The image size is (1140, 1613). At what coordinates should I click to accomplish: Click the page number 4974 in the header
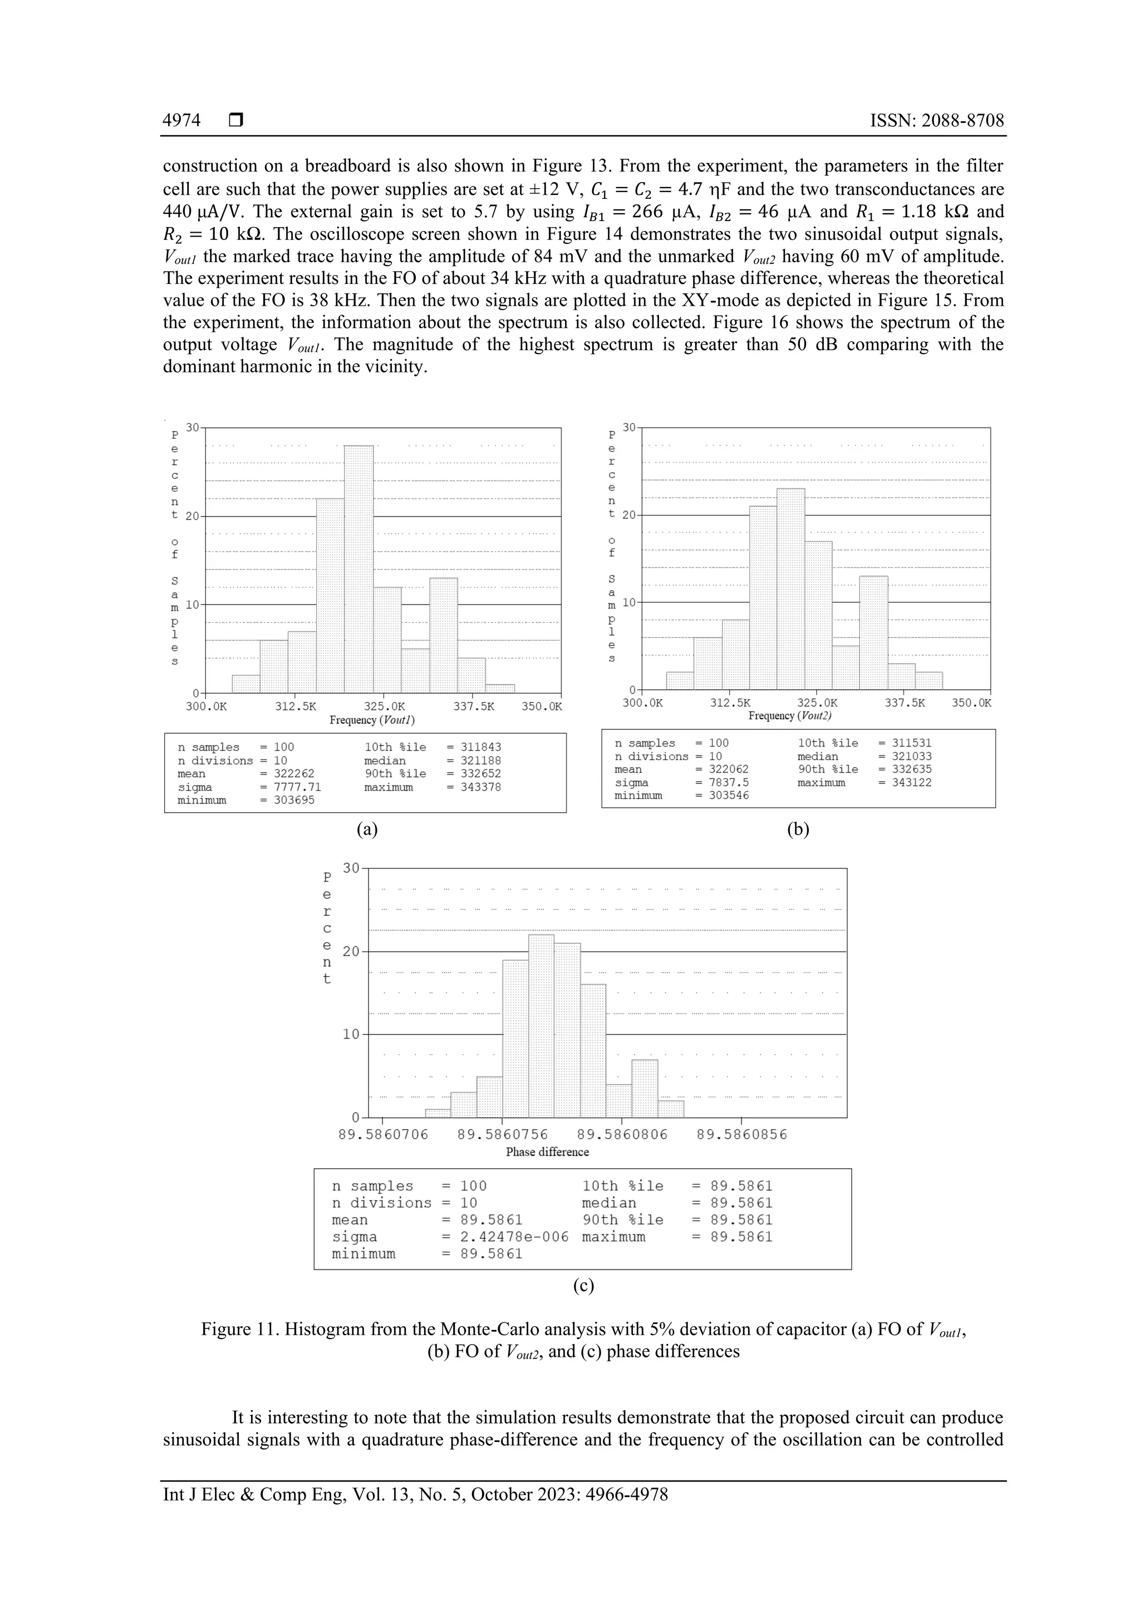[x=182, y=121]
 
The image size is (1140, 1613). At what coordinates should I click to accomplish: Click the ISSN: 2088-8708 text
[x=937, y=121]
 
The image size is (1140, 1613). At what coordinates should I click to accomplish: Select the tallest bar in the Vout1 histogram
[x=358, y=569]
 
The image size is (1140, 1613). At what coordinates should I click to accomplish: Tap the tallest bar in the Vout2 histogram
[x=791, y=589]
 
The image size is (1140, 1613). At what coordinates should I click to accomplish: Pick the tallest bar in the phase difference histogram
[x=541, y=1026]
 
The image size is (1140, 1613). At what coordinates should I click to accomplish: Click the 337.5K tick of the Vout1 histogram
[x=473, y=706]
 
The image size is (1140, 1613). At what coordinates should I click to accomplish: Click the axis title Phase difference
[x=547, y=1152]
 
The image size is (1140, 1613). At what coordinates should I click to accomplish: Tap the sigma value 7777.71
[x=297, y=787]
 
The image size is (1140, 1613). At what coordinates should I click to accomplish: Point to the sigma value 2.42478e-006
[x=514, y=1237]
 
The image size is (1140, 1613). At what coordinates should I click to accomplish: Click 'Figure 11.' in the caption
[x=239, y=1329]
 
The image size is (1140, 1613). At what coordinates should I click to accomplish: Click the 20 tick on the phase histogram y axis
[x=351, y=952]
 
